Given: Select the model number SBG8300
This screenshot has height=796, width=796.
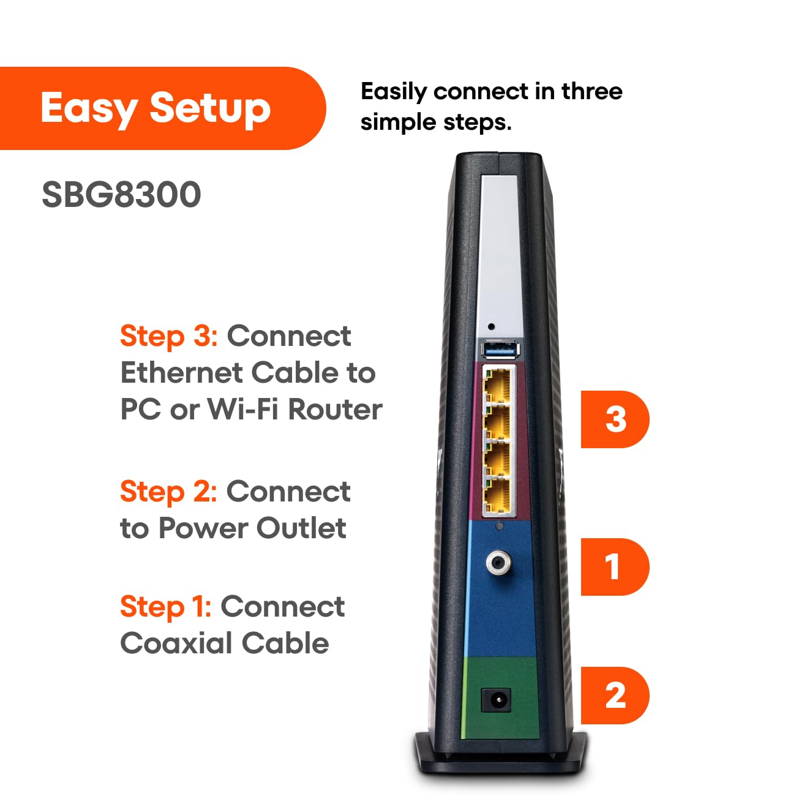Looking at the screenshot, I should pyautogui.click(x=121, y=195).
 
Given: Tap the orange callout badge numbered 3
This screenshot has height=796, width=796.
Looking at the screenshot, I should pyautogui.click(x=615, y=419).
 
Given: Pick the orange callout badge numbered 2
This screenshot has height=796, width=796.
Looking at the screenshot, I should pyautogui.click(x=615, y=696).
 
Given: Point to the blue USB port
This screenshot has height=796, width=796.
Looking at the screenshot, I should pyautogui.click(x=500, y=350).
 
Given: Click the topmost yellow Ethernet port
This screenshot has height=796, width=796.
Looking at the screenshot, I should pyautogui.click(x=498, y=385).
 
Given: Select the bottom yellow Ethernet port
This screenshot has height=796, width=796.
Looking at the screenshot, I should pyautogui.click(x=498, y=497).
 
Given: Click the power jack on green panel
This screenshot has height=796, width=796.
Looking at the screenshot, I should pyautogui.click(x=496, y=699).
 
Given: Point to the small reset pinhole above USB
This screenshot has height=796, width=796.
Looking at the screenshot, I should pyautogui.click(x=490, y=326).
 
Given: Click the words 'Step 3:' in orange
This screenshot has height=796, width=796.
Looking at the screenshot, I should pyautogui.click(x=169, y=336).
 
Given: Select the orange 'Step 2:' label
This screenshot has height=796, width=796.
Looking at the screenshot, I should pyautogui.click(x=168, y=492).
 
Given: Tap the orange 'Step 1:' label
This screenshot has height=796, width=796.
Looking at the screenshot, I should pyautogui.click(x=166, y=607).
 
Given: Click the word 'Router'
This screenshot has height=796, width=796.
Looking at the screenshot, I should pyautogui.click(x=335, y=410).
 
